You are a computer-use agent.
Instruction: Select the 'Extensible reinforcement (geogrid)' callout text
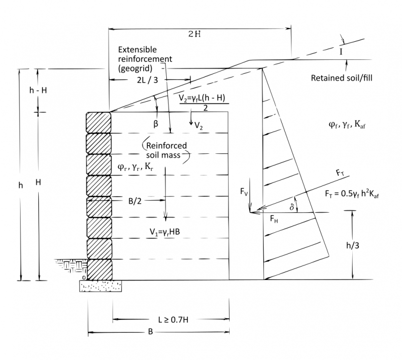(145, 59)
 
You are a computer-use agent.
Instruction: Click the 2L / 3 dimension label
(146, 79)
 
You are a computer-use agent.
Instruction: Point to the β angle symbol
(156, 121)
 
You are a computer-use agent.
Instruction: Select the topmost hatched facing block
(98, 122)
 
